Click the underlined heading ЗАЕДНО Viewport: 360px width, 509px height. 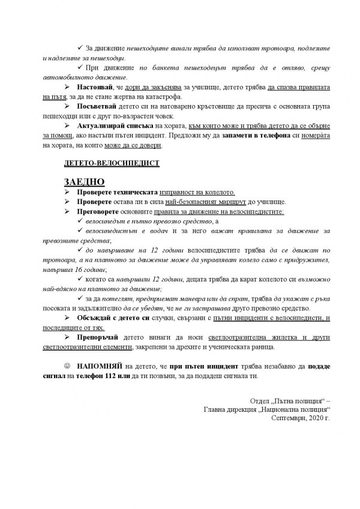pos(84,182)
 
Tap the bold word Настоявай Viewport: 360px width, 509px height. pos(95,88)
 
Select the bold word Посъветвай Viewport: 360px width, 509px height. pos(98,107)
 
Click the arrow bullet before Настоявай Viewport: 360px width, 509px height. pos(67,88)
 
